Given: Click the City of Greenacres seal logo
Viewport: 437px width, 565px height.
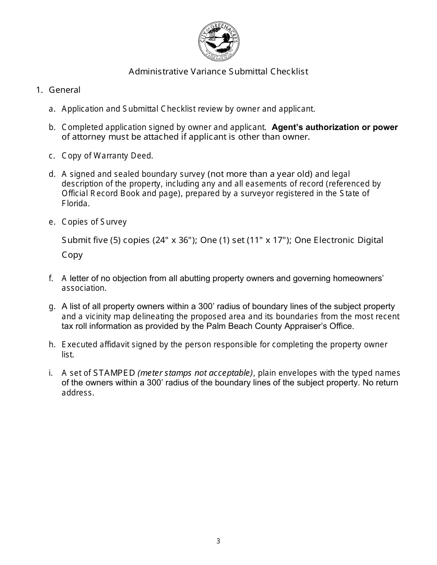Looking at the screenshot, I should [x=218, y=42].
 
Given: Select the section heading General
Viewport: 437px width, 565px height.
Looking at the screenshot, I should [x=64, y=90].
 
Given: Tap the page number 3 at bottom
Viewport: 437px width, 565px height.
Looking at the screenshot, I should [x=218, y=541].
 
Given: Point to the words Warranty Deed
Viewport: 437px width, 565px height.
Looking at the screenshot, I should [x=123, y=156].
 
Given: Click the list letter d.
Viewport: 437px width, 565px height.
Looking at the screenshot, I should [x=52, y=174].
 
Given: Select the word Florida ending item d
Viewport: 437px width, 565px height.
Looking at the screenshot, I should [x=75, y=203].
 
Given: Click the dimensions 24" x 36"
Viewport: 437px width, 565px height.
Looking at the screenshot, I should [x=172, y=240].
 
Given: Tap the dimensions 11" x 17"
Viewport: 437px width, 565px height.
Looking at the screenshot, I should [x=267, y=240].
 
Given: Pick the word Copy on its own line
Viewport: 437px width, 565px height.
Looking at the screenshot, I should [x=72, y=255].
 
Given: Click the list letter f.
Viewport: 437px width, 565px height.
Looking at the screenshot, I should [x=51, y=278].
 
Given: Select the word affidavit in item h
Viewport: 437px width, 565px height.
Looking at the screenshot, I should [x=111, y=345].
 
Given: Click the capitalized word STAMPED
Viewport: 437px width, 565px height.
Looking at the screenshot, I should [x=114, y=373].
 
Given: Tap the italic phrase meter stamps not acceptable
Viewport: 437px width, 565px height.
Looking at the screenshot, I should [x=195, y=373].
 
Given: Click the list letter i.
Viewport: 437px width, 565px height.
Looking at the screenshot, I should [x=51, y=373].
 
